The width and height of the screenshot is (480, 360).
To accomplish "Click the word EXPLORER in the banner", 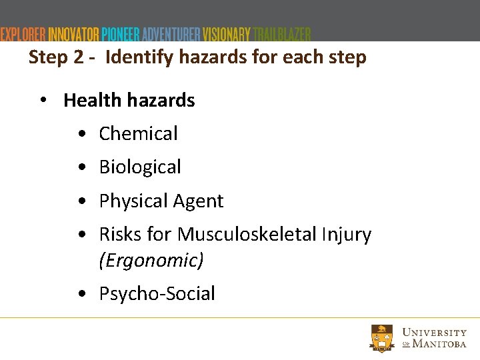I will click(x=23, y=34).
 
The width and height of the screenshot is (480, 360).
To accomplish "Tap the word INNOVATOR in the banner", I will click(x=73, y=34).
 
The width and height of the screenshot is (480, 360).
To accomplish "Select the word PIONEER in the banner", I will click(x=121, y=34).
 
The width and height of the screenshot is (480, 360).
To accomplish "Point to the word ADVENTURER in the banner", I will click(x=171, y=34).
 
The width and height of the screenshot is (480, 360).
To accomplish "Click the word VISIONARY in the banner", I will click(x=227, y=34).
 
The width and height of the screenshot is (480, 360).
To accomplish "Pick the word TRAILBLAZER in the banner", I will click(x=282, y=34).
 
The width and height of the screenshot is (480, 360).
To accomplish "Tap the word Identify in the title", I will click(x=137, y=58).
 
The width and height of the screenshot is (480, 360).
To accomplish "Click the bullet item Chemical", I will click(x=138, y=134).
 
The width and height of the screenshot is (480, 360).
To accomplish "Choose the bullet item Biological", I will click(x=140, y=167).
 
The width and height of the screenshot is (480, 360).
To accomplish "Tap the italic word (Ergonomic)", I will click(x=151, y=260).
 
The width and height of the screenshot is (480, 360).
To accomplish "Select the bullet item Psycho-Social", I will click(x=157, y=294).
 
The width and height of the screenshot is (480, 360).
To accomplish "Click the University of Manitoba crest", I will click(x=381, y=337).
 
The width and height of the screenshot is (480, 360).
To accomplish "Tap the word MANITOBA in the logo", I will click(x=439, y=344).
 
